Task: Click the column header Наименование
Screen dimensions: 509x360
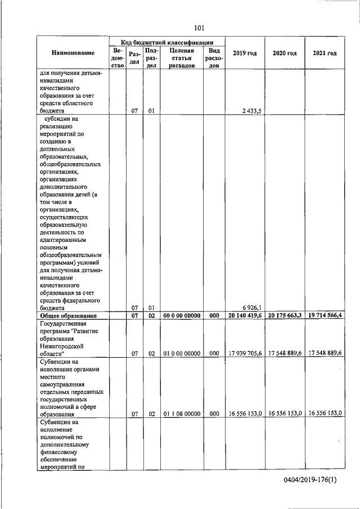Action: tap(72, 53)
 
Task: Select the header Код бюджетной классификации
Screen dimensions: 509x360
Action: tap(166, 42)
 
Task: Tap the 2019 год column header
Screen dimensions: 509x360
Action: tap(244, 53)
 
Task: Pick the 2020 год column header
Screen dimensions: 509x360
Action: tap(284, 53)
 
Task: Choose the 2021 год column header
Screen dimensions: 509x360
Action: tap(325, 53)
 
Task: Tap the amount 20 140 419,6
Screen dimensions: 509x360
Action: tap(244, 316)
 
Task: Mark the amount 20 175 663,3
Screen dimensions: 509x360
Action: tap(284, 316)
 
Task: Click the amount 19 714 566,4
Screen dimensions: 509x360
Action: tap(325, 316)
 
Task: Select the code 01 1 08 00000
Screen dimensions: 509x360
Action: tap(181, 413)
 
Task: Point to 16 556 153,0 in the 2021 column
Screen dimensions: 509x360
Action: tap(325, 413)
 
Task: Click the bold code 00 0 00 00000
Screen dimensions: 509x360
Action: tap(181, 316)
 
